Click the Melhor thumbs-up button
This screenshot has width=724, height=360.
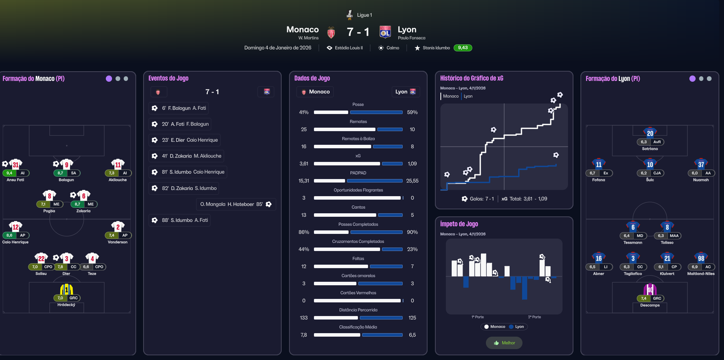pyautogui.click(x=504, y=343)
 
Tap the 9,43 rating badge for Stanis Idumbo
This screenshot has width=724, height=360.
pyautogui.click(x=463, y=48)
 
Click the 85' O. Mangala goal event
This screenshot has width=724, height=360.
pyautogui.click(x=236, y=204)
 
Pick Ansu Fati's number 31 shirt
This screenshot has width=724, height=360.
pyautogui.click(x=16, y=164)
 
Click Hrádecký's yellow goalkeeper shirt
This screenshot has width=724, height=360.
pyautogui.click(x=67, y=290)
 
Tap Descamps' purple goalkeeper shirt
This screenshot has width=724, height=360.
pyautogui.click(x=650, y=290)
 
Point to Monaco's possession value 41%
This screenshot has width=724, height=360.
pyautogui.click(x=304, y=112)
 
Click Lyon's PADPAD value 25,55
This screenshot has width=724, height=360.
pyautogui.click(x=412, y=181)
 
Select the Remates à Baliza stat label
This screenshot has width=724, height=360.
pyautogui.click(x=358, y=139)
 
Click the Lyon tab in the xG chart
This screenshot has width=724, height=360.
pyautogui.click(x=468, y=96)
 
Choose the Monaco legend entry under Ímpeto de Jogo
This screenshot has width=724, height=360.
pyautogui.click(x=495, y=327)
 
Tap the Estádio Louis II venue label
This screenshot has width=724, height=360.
pyautogui.click(x=349, y=48)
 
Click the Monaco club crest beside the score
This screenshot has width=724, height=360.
pyautogui.click(x=331, y=33)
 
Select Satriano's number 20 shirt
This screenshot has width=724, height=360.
pyautogui.click(x=650, y=133)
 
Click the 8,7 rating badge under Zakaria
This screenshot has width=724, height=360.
pyautogui.click(x=77, y=204)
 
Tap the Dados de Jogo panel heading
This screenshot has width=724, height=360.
pyautogui.click(x=312, y=78)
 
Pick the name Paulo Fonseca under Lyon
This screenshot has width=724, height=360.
pyautogui.click(x=412, y=38)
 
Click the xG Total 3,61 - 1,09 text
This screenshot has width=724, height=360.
pyautogui.click(x=524, y=199)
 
